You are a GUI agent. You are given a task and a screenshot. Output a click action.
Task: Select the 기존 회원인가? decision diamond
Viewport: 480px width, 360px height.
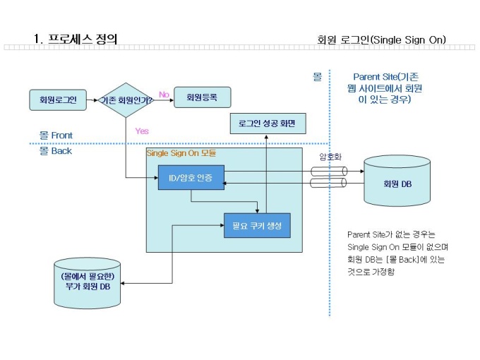128,100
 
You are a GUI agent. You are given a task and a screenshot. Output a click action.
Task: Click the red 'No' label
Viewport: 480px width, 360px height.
164,94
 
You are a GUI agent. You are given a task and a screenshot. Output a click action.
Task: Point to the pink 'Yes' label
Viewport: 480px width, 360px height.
142,131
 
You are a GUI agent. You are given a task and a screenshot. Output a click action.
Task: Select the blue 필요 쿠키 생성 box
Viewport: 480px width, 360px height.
257,225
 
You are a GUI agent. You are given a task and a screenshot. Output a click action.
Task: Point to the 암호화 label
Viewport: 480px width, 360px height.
330,157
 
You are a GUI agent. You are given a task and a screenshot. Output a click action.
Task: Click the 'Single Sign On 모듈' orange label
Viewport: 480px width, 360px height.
181,153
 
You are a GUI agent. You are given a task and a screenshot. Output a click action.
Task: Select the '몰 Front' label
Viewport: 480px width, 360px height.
56,136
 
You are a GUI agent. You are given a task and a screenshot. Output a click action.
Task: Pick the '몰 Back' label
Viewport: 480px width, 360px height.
56,150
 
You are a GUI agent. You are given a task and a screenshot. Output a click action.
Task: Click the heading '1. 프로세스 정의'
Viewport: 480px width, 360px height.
76,39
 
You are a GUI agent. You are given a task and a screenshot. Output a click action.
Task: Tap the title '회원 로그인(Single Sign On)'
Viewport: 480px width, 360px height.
382,40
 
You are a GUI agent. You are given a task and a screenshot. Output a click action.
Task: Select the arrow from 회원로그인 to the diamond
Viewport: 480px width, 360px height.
90,100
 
